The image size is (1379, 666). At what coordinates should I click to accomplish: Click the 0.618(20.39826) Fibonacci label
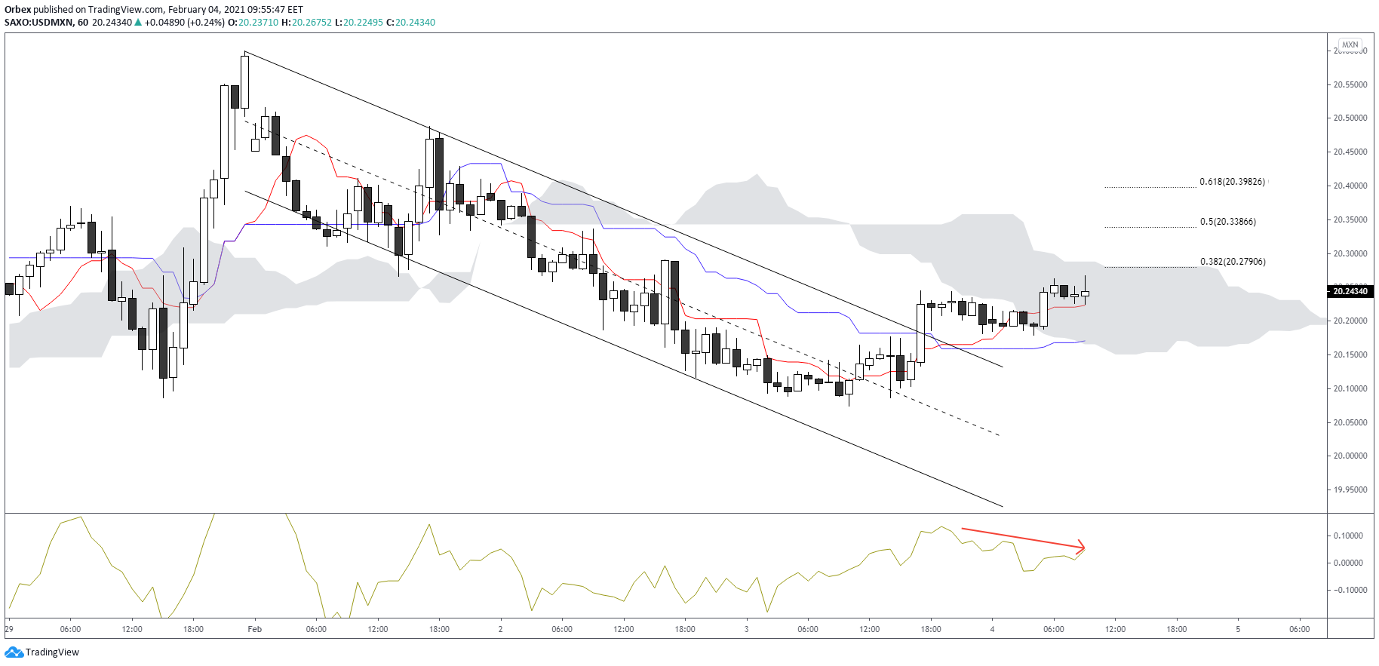[1232, 182]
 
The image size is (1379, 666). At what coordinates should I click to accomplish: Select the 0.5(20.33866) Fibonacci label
[1227, 222]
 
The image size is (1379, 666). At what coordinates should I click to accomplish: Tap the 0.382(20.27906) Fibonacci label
[1233, 262]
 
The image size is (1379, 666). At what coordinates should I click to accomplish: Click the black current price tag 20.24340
[1350, 291]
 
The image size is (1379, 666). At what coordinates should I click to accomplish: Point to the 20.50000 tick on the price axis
[1350, 118]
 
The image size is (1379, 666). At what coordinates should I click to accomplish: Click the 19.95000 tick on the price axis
[1350, 490]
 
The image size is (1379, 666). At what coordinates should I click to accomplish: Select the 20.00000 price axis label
[1350, 456]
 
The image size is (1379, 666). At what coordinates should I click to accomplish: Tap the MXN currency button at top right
[1350, 45]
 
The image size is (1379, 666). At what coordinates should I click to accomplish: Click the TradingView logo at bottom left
[42, 652]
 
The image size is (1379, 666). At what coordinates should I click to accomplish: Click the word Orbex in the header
[17, 10]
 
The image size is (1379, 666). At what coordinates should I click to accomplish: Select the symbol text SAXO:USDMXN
[38, 23]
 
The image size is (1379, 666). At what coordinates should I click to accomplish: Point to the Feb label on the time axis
[255, 629]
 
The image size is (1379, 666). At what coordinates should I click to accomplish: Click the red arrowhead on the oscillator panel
[1081, 547]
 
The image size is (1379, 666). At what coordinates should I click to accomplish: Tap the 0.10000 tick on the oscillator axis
[1348, 536]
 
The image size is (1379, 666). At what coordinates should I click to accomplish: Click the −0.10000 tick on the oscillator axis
[1347, 590]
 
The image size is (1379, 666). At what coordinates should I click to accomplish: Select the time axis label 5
[1238, 629]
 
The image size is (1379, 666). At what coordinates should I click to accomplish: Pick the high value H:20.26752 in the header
[306, 23]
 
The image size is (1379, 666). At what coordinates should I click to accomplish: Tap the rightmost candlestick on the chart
[1085, 293]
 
